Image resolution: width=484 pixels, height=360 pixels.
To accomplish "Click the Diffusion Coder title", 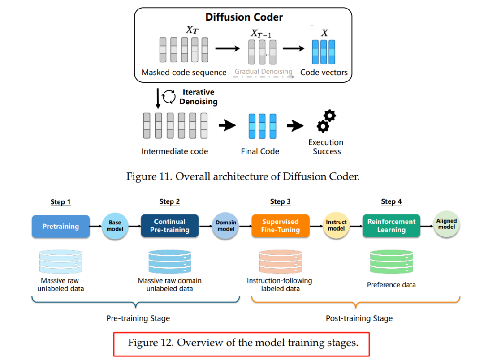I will tap(244, 17).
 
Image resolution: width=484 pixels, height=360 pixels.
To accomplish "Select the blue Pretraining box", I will tap(60, 226).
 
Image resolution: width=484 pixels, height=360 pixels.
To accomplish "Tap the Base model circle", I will tap(115, 226).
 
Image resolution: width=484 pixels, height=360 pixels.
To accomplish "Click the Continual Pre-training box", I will tap(169, 226).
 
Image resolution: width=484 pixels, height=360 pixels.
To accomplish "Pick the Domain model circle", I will tap(225, 226).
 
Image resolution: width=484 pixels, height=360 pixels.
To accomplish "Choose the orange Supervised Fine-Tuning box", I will tap(280, 226).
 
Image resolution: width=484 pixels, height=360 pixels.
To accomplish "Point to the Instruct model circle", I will tap(336, 225).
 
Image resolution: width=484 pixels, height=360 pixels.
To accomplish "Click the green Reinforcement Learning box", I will tap(391, 226).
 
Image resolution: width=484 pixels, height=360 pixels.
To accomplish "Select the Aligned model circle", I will tap(446, 224).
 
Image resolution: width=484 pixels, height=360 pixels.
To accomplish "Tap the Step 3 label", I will tap(280, 201).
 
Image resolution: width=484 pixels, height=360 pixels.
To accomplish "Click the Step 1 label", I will tap(60, 202).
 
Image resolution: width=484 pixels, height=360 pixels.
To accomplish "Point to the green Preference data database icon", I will tap(391, 262).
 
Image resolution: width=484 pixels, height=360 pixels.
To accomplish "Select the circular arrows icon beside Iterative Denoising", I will tap(169, 97).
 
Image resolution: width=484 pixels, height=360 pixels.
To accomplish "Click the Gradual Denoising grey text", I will tap(264, 72).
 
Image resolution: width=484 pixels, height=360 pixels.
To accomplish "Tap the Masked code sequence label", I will tap(184, 72).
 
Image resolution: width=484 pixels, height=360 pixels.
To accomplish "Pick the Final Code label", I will tap(260, 151).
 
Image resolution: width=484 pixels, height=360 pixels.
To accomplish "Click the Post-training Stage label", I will tap(359, 318).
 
